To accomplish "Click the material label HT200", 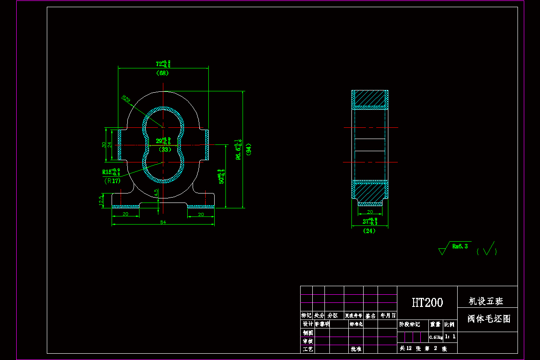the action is point(427,302).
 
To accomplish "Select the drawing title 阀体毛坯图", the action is point(488,319).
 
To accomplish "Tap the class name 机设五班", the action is point(486,301).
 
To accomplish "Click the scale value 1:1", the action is point(450,336).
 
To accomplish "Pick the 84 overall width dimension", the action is point(162,222).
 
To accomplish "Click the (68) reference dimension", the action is point(162,73).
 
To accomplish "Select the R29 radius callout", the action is point(126,99).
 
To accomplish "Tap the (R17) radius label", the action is point(112,181).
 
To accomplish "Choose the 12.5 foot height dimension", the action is point(101,200).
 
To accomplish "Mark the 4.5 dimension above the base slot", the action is point(156,192).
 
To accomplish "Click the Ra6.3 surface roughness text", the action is point(460,246).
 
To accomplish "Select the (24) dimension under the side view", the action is point(369,231).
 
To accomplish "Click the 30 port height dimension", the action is point(104,144).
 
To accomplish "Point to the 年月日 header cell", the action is point(387,315).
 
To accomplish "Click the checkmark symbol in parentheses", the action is point(487,249).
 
